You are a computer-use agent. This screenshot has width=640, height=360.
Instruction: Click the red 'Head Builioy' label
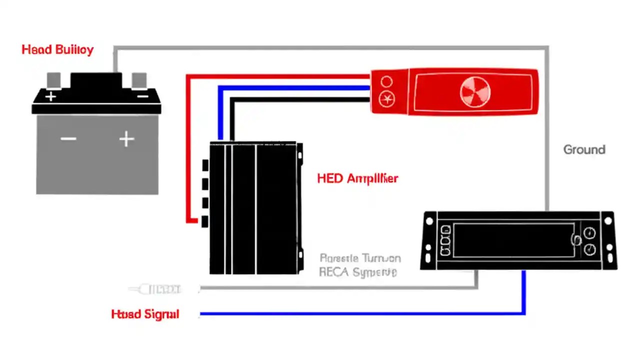[x=57, y=50]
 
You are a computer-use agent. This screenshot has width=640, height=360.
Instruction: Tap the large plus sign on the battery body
[x=126, y=138]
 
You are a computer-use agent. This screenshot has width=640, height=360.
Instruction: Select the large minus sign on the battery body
[x=68, y=138]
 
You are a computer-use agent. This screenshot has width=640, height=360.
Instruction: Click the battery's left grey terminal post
[x=53, y=80]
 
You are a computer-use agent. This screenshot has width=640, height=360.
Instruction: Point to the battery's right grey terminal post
[x=139, y=80]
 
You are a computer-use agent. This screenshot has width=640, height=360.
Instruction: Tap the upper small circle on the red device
[x=386, y=81]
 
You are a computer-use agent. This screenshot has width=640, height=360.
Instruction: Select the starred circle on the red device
[x=386, y=99]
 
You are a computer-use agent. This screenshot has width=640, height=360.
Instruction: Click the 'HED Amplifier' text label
[x=357, y=178]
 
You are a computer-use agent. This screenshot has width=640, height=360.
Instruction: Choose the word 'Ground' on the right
[x=584, y=149]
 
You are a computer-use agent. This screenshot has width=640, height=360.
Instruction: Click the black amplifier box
[x=255, y=207]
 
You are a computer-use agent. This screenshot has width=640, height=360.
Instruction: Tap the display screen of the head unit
[x=512, y=240]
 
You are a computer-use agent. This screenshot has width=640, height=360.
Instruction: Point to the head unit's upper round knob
[x=589, y=232]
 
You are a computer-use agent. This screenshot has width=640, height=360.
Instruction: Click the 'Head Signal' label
[x=145, y=314]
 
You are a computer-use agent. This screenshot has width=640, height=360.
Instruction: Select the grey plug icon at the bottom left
[x=155, y=289]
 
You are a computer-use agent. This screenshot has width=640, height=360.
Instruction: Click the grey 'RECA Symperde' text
[x=358, y=272]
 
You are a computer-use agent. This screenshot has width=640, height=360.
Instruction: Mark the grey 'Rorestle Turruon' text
[x=359, y=258]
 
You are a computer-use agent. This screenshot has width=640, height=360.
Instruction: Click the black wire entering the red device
[x=300, y=99]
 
